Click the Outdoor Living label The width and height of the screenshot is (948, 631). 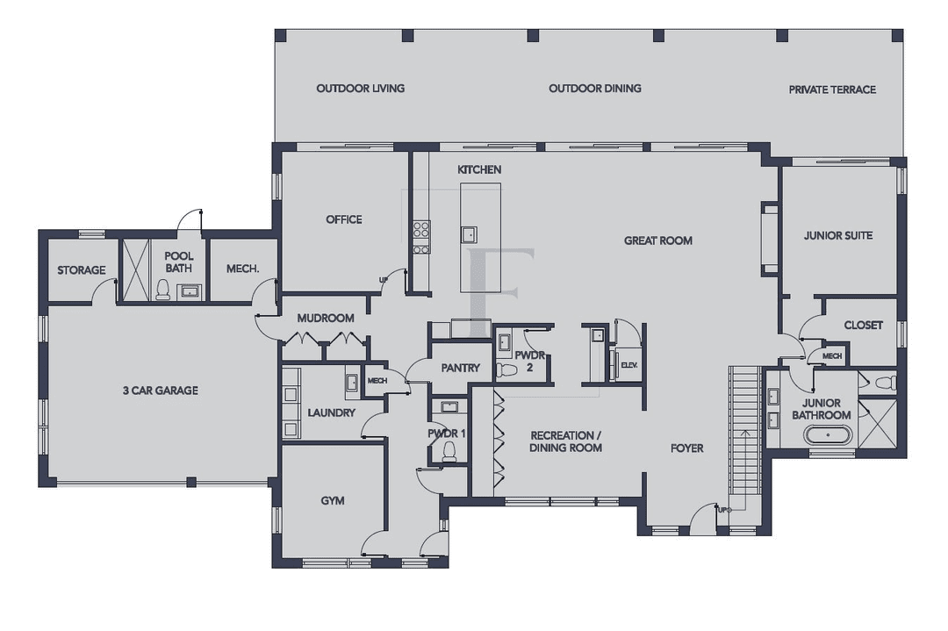[360, 89]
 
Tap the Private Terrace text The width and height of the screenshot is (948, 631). [831, 90]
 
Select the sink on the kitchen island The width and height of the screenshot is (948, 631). [469, 234]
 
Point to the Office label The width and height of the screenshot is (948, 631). [344, 219]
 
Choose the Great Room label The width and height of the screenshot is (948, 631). [657, 240]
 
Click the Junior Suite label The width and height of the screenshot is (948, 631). [838, 236]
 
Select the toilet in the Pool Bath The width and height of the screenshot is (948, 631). [162, 290]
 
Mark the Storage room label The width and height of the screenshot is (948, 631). [82, 270]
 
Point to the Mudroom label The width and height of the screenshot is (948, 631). [325, 318]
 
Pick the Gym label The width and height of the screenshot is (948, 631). [332, 501]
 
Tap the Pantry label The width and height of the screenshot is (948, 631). [461, 368]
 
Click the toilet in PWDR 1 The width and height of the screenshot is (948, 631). [449, 452]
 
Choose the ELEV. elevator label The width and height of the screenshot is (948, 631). [628, 365]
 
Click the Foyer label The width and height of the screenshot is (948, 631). [686, 448]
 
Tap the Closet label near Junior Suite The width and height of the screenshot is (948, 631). [863, 325]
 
